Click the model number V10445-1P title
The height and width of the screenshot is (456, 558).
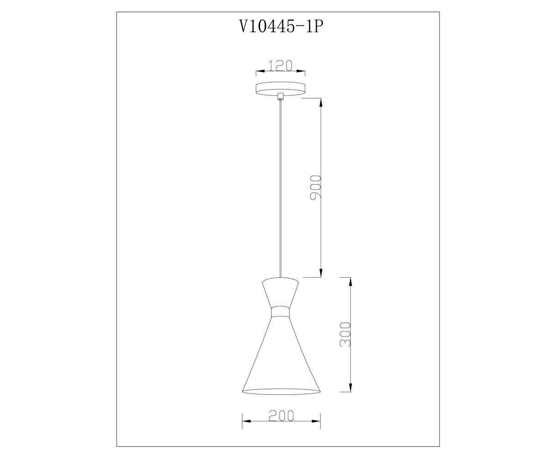tap(281, 26)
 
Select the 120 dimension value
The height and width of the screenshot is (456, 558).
tap(280, 65)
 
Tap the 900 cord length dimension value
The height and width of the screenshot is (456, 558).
tap(315, 186)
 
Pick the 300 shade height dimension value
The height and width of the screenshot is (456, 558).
tap(345, 334)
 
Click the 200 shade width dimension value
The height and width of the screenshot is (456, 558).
tap(281, 415)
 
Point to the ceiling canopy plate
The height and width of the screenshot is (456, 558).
tap(281, 89)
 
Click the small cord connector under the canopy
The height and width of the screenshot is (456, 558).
tap(281, 96)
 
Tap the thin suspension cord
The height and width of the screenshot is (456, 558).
tap(281, 189)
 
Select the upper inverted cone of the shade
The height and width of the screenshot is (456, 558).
tap(281, 292)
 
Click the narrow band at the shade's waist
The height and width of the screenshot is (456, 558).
tap(281, 312)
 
